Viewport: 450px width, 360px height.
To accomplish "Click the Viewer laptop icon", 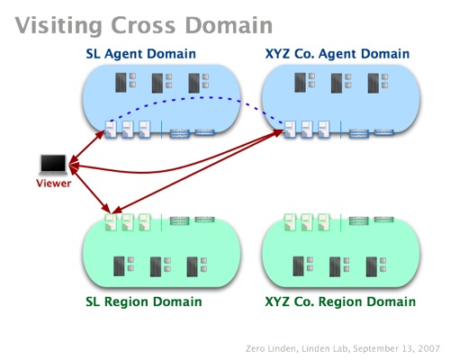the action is (x=53, y=165).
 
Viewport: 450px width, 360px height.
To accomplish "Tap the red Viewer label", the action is (x=54, y=184).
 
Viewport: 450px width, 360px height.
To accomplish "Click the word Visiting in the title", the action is (x=58, y=26).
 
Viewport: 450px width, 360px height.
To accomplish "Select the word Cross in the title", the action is (x=143, y=25).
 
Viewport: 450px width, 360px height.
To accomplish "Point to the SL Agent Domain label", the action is (x=140, y=54).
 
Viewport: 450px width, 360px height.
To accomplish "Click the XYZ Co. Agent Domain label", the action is (x=337, y=54).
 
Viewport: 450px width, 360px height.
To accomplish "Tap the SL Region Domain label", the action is (x=144, y=301).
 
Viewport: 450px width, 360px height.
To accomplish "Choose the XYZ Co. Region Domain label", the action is (x=340, y=301).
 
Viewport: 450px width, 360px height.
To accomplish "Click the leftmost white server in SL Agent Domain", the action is (x=111, y=130).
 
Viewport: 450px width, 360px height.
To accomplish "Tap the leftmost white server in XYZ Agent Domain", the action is (x=290, y=130).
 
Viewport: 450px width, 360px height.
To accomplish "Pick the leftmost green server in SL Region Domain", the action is (x=111, y=222).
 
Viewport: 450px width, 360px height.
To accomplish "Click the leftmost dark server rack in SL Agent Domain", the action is (x=121, y=83).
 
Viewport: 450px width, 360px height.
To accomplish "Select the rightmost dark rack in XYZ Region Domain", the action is (x=372, y=266).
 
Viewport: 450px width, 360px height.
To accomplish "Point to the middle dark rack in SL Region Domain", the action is (x=156, y=266).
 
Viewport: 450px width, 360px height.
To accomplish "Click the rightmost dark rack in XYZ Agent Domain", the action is (x=373, y=83).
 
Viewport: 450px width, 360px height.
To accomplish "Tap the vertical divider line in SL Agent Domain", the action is (x=161, y=130).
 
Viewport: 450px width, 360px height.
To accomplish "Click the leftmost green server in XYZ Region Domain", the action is (x=290, y=222).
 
